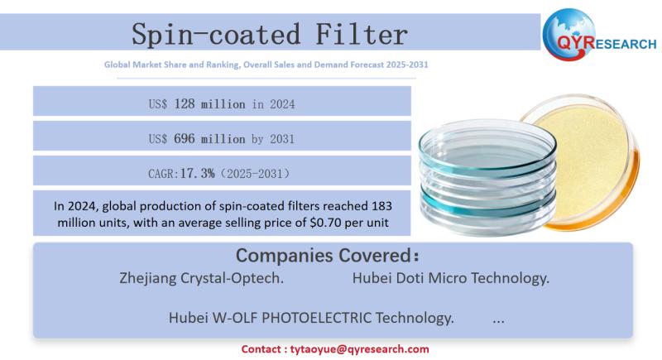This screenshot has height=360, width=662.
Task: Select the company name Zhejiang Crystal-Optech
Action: [202, 278]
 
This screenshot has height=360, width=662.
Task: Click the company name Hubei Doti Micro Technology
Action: [450, 278]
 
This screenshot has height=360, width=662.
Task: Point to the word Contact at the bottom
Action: [262, 349]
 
